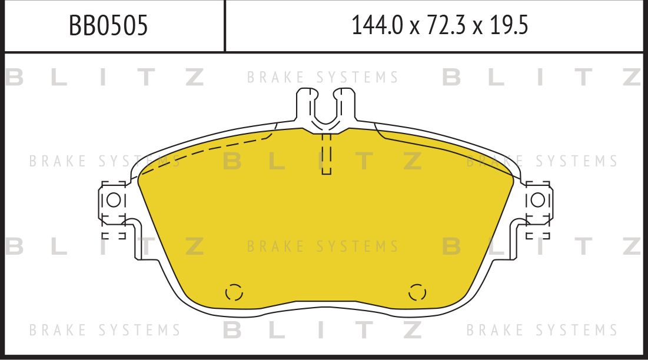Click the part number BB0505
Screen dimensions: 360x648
tap(108, 26)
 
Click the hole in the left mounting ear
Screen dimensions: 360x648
tap(114, 200)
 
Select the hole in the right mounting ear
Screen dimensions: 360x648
tap(537, 200)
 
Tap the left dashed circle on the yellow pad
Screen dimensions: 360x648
tap(234, 292)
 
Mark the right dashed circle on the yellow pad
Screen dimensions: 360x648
tap(417, 292)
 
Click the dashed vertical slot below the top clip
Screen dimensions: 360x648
tap(327, 154)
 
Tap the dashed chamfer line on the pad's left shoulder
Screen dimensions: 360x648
tap(206, 152)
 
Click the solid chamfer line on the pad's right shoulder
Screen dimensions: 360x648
tap(447, 147)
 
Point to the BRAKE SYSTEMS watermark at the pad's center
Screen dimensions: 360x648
tap(323, 246)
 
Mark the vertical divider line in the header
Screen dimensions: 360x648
tap(225, 26)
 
